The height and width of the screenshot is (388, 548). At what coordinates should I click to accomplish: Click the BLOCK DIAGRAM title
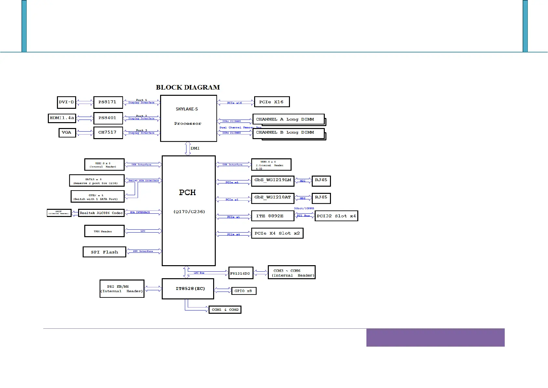coord(188,87)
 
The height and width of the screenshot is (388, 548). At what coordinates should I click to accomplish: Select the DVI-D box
coord(66,102)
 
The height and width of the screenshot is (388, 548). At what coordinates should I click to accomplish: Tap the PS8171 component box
coord(108,102)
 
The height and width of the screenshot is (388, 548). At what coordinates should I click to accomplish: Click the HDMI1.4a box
coord(62,118)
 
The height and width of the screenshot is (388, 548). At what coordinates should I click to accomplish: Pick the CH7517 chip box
coord(108,132)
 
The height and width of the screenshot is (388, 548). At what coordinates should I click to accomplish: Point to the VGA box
coord(67,133)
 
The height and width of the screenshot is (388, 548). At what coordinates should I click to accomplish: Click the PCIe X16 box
coord(271,102)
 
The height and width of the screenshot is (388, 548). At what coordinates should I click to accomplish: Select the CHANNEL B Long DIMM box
coord(288,133)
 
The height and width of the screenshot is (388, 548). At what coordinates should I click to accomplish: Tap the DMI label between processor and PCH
coord(195,148)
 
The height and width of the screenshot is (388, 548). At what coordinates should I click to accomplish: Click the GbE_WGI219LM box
coord(273,181)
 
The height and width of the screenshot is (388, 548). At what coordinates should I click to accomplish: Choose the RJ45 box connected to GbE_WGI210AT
coord(321,198)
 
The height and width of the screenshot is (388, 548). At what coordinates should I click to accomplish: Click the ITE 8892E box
coord(272,216)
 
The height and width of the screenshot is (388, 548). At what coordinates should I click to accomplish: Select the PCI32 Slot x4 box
coord(336,216)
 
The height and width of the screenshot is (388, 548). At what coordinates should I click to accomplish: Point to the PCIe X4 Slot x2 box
coord(277,233)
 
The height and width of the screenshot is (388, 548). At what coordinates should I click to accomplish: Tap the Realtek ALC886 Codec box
coord(101,213)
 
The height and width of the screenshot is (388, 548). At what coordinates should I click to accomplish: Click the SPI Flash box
coord(104,252)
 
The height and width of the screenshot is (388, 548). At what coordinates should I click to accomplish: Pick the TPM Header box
coord(104,231)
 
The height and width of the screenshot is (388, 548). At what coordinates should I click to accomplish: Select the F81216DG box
coord(240,273)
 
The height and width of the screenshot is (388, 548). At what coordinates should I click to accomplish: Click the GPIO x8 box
coord(243,291)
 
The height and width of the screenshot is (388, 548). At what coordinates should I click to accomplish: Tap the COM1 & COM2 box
coord(225,309)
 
